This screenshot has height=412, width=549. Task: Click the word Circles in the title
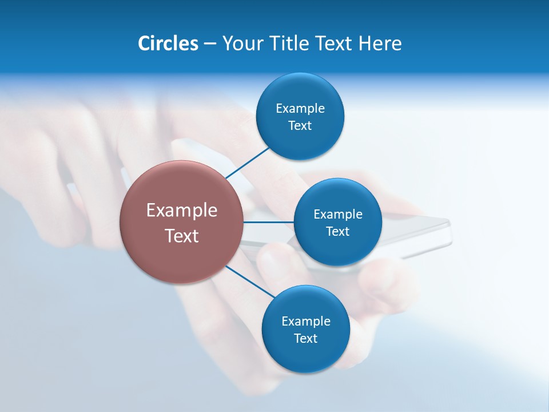click(168, 43)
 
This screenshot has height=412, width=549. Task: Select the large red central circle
click(181, 222)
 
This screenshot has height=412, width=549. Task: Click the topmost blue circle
click(300, 116)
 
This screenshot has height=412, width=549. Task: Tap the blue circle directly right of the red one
click(337, 222)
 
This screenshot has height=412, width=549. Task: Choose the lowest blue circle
click(305, 329)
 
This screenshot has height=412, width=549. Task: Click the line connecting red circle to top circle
click(247, 163)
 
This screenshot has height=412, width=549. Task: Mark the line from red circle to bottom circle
click(250, 281)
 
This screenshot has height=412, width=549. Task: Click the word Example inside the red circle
click(181, 211)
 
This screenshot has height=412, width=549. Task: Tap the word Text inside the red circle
click(181, 236)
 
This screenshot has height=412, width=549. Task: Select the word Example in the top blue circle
click(300, 109)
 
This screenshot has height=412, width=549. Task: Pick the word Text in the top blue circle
click(300, 125)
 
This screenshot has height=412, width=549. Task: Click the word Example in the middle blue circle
click(337, 215)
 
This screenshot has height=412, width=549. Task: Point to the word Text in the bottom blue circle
click(305, 338)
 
